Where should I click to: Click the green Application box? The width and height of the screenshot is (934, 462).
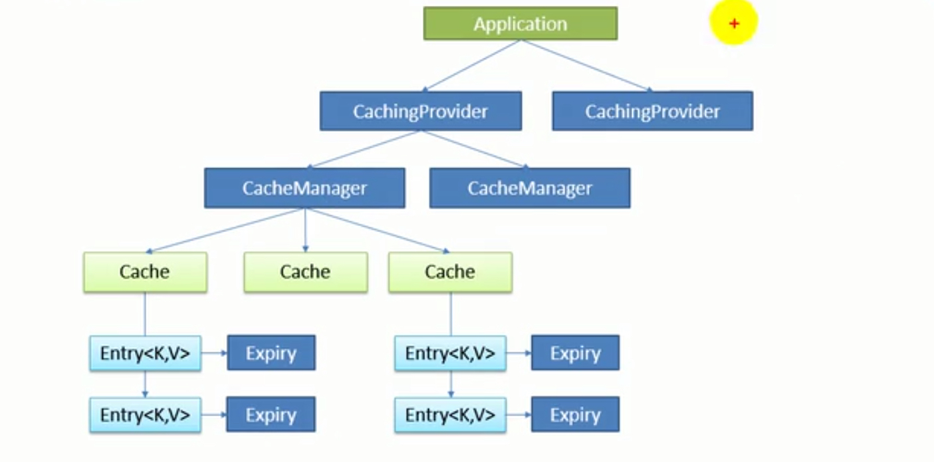coord(521,24)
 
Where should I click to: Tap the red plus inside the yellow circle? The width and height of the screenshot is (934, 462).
coord(734,24)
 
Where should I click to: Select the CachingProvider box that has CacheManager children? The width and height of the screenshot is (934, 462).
coord(420,111)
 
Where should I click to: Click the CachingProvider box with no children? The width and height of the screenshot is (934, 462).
coord(652,111)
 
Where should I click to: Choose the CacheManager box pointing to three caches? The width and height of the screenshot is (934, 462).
coord(304,188)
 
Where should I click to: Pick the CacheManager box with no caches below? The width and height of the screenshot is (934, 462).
coord(530,188)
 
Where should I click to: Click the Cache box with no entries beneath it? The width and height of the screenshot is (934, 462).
coord(305,272)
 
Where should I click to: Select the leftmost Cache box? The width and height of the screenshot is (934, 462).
coord(145,272)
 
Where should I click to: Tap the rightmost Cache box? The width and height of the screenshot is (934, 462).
coord(450,272)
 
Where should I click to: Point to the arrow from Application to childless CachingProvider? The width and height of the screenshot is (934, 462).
coord(585,64)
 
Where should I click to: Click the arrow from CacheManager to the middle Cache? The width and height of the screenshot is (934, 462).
coord(305,229)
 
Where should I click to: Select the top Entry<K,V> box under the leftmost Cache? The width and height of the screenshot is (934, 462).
coord(145,353)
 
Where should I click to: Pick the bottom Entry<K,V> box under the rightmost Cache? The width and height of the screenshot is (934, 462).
coord(450,415)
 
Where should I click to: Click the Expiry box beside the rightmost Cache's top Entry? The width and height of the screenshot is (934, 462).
coord(575,353)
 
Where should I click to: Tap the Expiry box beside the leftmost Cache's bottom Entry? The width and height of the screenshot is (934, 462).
coord(271,415)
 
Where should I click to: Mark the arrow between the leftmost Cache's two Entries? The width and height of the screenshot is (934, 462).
coord(145,384)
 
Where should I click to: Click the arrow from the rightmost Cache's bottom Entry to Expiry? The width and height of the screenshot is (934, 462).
coord(519,415)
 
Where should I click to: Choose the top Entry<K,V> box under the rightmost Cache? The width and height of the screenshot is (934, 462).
coord(450,353)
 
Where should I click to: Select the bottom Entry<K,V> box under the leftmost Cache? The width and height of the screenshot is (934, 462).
coord(145,415)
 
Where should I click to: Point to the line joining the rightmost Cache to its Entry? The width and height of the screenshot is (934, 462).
coord(451,314)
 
